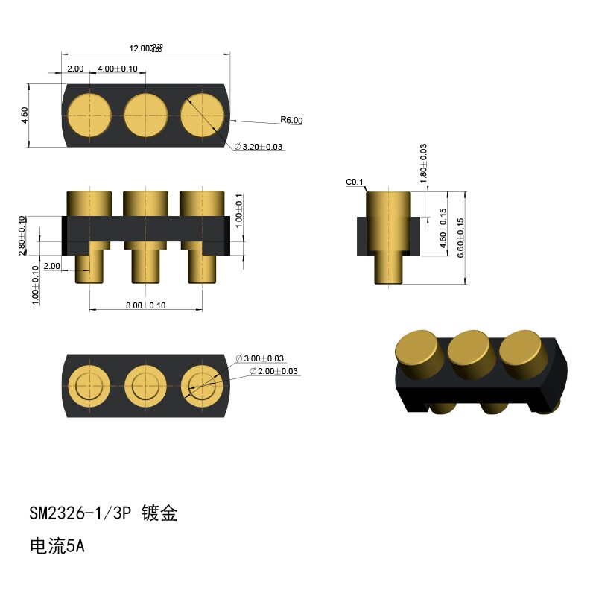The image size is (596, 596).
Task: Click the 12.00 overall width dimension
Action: coord(146,48)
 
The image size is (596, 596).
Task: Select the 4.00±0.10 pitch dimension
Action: coord(118,69)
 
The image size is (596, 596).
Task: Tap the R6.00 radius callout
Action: coord(291,120)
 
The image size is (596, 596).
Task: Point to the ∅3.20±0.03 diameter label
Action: coord(259,147)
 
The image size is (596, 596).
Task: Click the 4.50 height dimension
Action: coord(25,115)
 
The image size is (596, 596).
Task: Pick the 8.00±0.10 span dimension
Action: coord(145,305)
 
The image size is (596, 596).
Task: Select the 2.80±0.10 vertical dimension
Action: coord(22,235)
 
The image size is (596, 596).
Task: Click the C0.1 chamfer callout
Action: coord(355,182)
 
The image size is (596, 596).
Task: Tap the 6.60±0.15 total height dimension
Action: coord(460,238)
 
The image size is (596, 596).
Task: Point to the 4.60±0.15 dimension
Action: coord(443,228)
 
